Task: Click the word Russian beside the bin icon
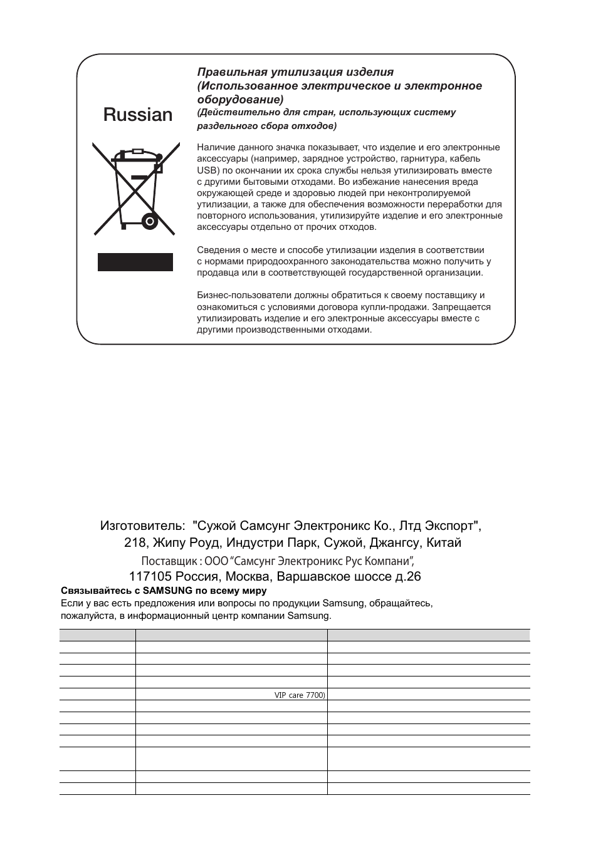click(138, 115)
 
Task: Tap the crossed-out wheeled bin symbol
click(134, 190)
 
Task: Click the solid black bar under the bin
click(135, 262)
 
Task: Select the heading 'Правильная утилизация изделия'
click(295, 72)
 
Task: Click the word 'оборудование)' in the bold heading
click(240, 100)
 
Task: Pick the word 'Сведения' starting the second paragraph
click(215, 250)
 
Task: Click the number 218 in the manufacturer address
click(134, 543)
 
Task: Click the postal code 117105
click(150, 576)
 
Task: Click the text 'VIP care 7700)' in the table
click(300, 695)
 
